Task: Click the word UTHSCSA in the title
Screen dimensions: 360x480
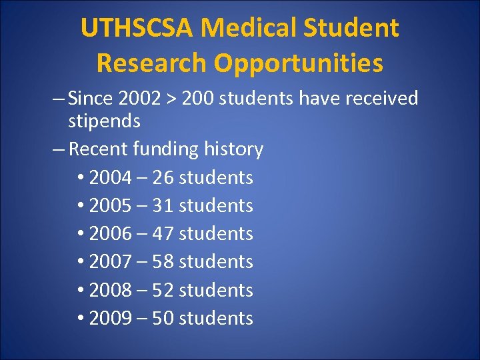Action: point(137,28)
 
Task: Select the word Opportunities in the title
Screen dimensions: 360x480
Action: point(299,63)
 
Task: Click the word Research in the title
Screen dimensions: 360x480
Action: point(151,63)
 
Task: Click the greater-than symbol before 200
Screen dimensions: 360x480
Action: point(172,99)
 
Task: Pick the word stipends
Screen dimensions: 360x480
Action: point(104,121)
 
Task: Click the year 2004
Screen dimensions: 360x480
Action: point(111,178)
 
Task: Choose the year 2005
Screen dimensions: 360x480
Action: point(111,206)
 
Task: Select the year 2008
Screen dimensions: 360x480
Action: point(111,291)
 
